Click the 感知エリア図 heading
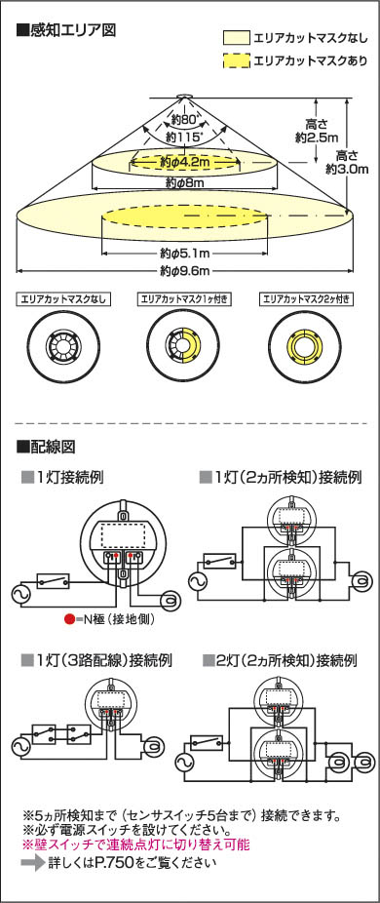[x=66, y=30]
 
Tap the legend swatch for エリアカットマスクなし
[x=236, y=38]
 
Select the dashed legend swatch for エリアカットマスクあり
[x=236, y=60]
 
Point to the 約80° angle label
[x=183, y=120]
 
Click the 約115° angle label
[x=183, y=137]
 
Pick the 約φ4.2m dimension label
[x=183, y=163]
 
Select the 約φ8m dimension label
[x=185, y=183]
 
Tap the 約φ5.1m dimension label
[x=184, y=253]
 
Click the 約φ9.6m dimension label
[x=184, y=270]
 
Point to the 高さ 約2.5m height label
[x=317, y=131]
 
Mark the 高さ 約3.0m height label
[x=347, y=162]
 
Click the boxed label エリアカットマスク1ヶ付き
[x=184, y=299]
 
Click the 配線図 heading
[x=47, y=447]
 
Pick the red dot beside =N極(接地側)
[x=68, y=619]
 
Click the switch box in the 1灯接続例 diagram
[x=53, y=580]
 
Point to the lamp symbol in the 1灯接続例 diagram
[x=170, y=600]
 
